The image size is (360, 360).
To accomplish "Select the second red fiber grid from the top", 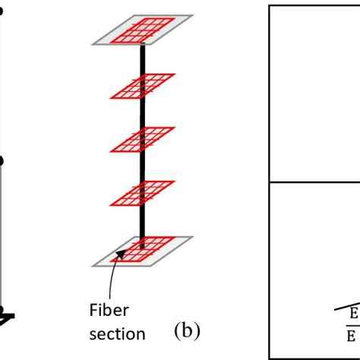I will tap(142, 86).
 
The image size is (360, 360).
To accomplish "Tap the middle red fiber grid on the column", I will tap(142, 139).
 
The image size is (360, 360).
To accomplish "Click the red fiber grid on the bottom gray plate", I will tap(142, 248).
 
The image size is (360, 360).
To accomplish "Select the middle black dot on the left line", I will tap(2, 160).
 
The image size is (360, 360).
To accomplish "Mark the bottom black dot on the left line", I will tap(2, 310).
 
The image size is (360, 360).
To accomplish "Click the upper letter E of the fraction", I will tap(353, 313).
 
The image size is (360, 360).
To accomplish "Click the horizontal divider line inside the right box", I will tap(314, 182).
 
